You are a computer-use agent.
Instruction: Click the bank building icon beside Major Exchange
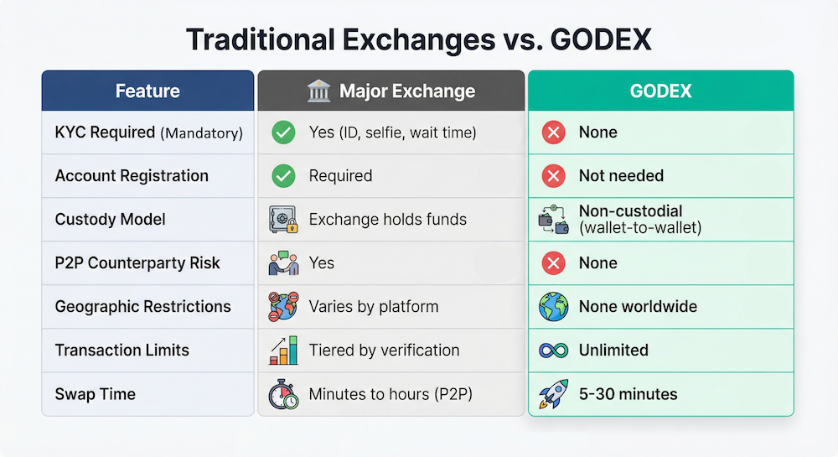(319, 91)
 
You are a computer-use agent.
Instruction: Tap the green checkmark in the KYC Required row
(283, 132)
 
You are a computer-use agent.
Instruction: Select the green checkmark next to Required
(283, 176)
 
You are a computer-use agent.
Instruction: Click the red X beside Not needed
(554, 176)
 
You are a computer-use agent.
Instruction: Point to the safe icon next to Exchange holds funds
(283, 219)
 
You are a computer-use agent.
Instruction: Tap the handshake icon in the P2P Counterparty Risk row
(283, 263)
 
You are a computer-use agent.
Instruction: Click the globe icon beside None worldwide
(554, 307)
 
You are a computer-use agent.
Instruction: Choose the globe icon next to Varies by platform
(283, 306)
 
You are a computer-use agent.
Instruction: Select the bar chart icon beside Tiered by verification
(284, 351)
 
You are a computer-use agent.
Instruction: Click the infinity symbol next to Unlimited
(554, 351)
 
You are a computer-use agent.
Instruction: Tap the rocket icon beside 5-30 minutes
(554, 394)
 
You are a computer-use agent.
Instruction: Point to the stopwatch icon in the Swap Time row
(283, 394)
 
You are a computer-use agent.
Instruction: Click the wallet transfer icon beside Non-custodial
(554, 219)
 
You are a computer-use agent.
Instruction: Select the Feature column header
(147, 91)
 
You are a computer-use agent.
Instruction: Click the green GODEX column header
(661, 91)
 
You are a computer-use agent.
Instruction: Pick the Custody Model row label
(110, 219)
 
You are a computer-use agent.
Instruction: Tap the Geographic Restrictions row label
(142, 306)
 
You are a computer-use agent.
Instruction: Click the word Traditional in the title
(261, 39)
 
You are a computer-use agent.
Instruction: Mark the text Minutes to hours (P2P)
(391, 394)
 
